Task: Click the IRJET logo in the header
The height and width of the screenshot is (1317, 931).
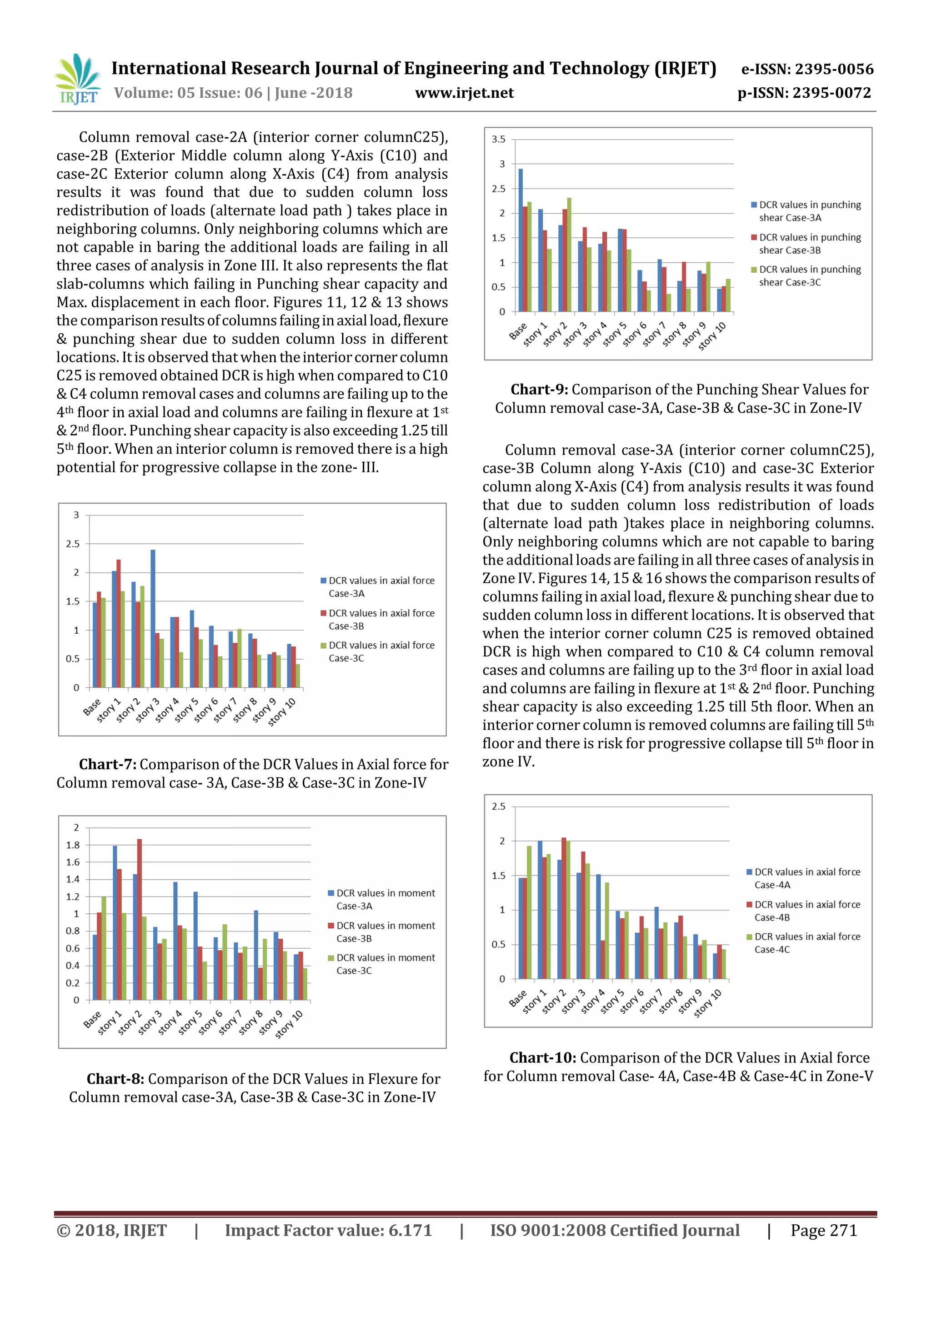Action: [77, 79]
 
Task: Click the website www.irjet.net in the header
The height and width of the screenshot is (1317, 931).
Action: [464, 93]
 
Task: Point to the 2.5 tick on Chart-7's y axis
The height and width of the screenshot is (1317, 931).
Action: [73, 544]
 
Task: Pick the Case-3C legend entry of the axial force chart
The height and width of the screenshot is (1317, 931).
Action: [381, 651]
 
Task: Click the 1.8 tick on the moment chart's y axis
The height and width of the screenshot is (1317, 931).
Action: [73, 845]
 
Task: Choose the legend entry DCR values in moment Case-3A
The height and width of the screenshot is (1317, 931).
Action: [385, 899]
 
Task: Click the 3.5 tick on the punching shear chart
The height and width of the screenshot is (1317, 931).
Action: [499, 140]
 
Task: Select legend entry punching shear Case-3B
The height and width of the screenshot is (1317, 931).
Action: [809, 243]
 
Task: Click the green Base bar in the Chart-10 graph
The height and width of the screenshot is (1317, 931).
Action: [529, 912]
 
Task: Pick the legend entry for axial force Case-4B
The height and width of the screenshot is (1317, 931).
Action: [806, 911]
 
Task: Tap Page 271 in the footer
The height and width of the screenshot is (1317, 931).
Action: [823, 1230]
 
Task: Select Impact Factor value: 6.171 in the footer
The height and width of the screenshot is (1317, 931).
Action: [328, 1230]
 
